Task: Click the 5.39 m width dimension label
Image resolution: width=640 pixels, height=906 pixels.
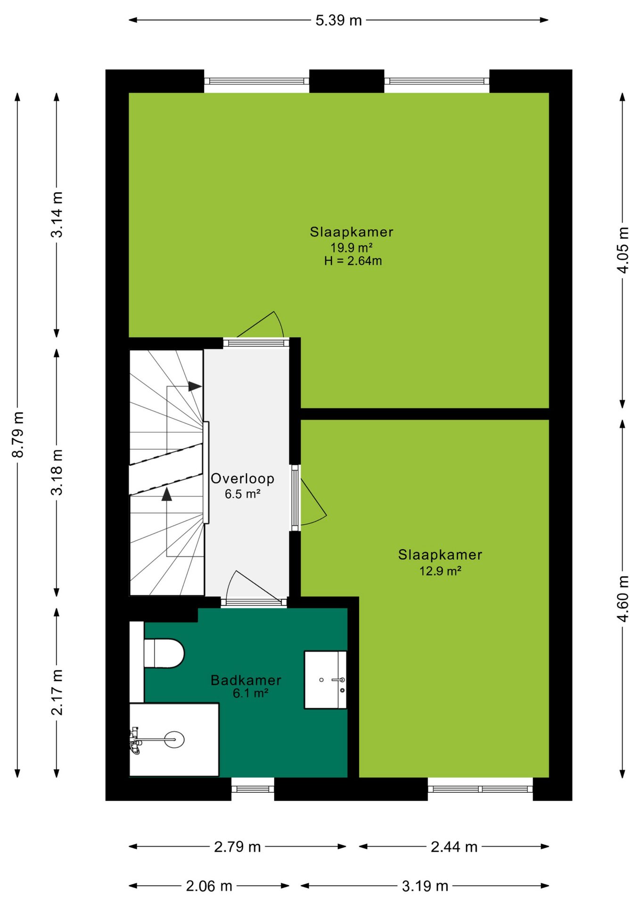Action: coord(338,20)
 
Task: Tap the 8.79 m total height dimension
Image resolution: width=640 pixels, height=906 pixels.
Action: coord(18,435)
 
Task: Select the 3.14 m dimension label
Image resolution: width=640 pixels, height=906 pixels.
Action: coord(57,215)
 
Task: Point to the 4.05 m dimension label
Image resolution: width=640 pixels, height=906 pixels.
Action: coord(623,250)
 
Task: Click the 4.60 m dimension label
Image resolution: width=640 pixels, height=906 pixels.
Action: coord(623,599)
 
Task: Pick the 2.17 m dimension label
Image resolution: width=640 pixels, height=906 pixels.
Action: coord(57,692)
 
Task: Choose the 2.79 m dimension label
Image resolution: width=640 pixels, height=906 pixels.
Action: coord(238,847)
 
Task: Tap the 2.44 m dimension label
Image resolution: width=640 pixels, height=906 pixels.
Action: coord(454,847)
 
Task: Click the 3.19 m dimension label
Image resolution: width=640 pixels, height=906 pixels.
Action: coord(425,886)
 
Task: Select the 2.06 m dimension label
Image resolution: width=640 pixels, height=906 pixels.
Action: coord(209,886)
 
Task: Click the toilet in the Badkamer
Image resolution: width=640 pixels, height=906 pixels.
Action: coord(164,654)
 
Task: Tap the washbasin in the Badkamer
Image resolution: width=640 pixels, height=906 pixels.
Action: coord(326,680)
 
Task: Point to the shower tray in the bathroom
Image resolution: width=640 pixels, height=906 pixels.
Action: coord(174,739)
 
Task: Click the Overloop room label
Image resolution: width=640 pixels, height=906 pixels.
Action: coord(242,478)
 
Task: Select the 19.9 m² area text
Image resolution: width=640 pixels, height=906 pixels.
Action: coord(352,247)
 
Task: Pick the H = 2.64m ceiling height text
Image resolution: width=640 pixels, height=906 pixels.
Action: coord(353,261)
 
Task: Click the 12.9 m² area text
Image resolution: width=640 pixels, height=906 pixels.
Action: coord(440,571)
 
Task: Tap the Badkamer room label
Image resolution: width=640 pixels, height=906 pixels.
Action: coord(246,680)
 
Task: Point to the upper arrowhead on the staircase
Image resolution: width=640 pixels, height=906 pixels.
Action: coord(195,386)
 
